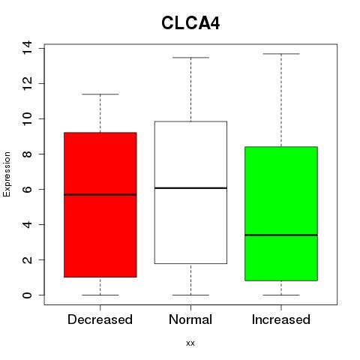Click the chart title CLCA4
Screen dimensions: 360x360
tap(190, 23)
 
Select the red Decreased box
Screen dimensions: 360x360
tap(100, 205)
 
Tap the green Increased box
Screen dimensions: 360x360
tap(281, 214)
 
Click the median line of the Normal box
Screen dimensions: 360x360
tap(190, 187)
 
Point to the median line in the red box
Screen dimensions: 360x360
tap(100, 195)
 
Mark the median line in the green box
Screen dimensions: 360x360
tap(281, 235)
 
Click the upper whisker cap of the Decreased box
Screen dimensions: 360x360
tap(100, 94)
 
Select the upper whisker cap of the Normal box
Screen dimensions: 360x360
tap(190, 58)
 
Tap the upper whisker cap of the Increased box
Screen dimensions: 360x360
tap(281, 54)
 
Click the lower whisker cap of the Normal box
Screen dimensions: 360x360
tap(190, 295)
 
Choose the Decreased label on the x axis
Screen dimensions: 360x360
tap(100, 319)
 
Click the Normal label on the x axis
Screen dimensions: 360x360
tap(190, 319)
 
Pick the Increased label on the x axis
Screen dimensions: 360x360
tap(281, 319)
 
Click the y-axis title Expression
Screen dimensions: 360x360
tap(7, 174)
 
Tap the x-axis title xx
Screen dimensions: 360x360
tap(190, 343)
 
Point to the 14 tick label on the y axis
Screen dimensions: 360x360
tap(27, 48)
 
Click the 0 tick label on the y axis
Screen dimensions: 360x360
tap(27, 295)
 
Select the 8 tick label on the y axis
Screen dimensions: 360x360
tap(27, 154)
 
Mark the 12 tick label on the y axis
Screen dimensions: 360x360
tap(27, 83)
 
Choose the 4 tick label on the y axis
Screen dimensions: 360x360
tap(27, 224)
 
